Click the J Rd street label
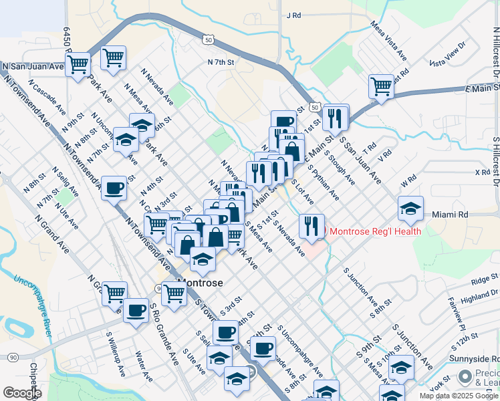pyautogui.click(x=294, y=15)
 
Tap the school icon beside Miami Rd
pyautogui.click(x=410, y=209)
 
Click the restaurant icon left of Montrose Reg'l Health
pyautogui.click(x=311, y=226)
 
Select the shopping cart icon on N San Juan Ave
pyautogui.click(x=78, y=65)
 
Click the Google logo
pyautogui.click(x=21, y=393)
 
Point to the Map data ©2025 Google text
pyautogui.click(x=459, y=396)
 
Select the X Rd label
pyautogui.click(x=482, y=172)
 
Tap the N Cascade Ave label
pyautogui.click(x=47, y=98)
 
